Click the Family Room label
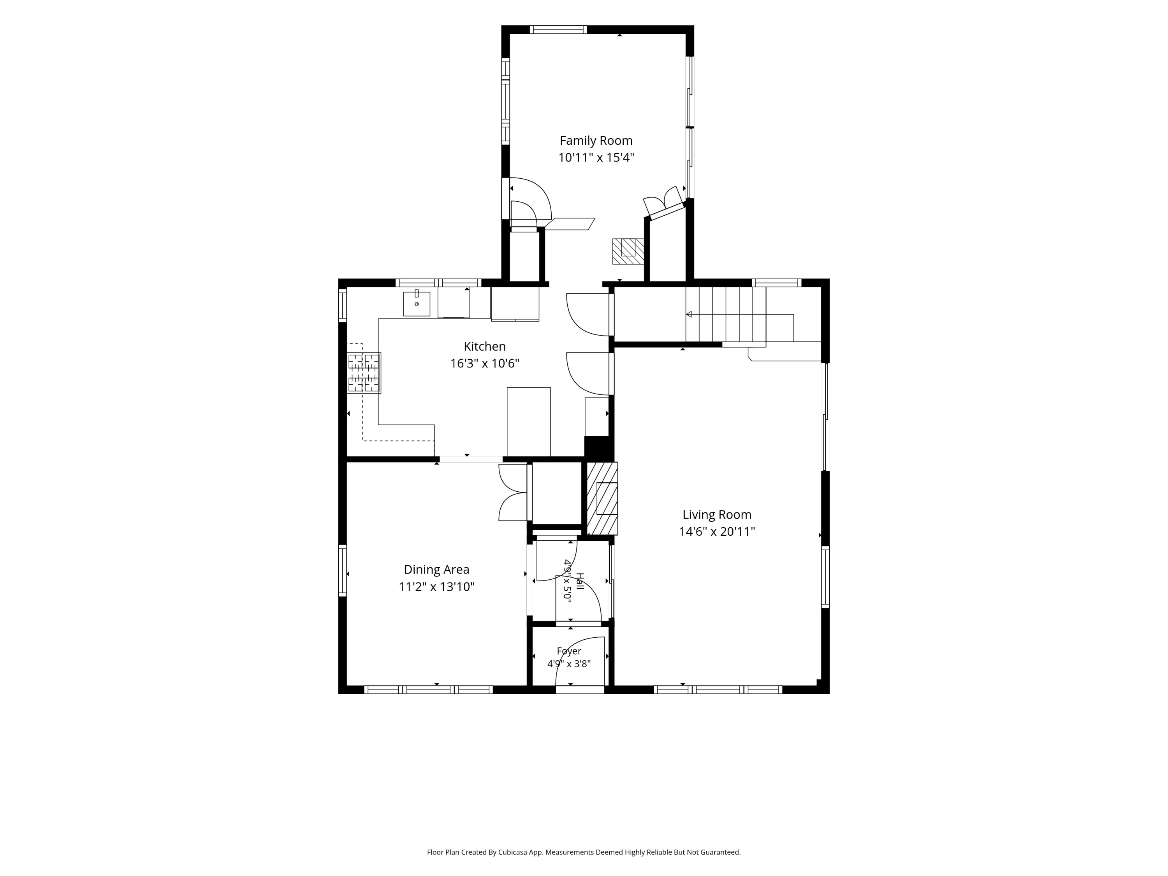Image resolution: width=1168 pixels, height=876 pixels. tap(596, 141)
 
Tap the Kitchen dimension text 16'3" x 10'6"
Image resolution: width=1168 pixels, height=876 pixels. tap(485, 363)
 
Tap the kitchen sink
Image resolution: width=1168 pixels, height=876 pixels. tap(417, 304)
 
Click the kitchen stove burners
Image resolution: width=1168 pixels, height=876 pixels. tap(364, 373)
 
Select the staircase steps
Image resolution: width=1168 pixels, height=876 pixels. tap(726, 314)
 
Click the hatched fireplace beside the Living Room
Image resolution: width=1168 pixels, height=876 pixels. tap(602, 498)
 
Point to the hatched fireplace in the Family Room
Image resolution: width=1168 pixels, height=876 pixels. tap(628, 252)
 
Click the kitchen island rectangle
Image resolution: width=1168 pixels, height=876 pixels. tap(529, 422)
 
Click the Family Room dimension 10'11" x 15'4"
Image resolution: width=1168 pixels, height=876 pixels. tap(596, 157)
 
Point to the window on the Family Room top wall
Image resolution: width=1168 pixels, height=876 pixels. tap(558, 30)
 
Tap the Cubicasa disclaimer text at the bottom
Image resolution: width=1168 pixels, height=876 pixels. tap(584, 837)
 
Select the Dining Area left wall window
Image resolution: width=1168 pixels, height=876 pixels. tap(342, 571)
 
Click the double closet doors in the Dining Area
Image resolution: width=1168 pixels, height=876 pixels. tap(513, 493)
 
